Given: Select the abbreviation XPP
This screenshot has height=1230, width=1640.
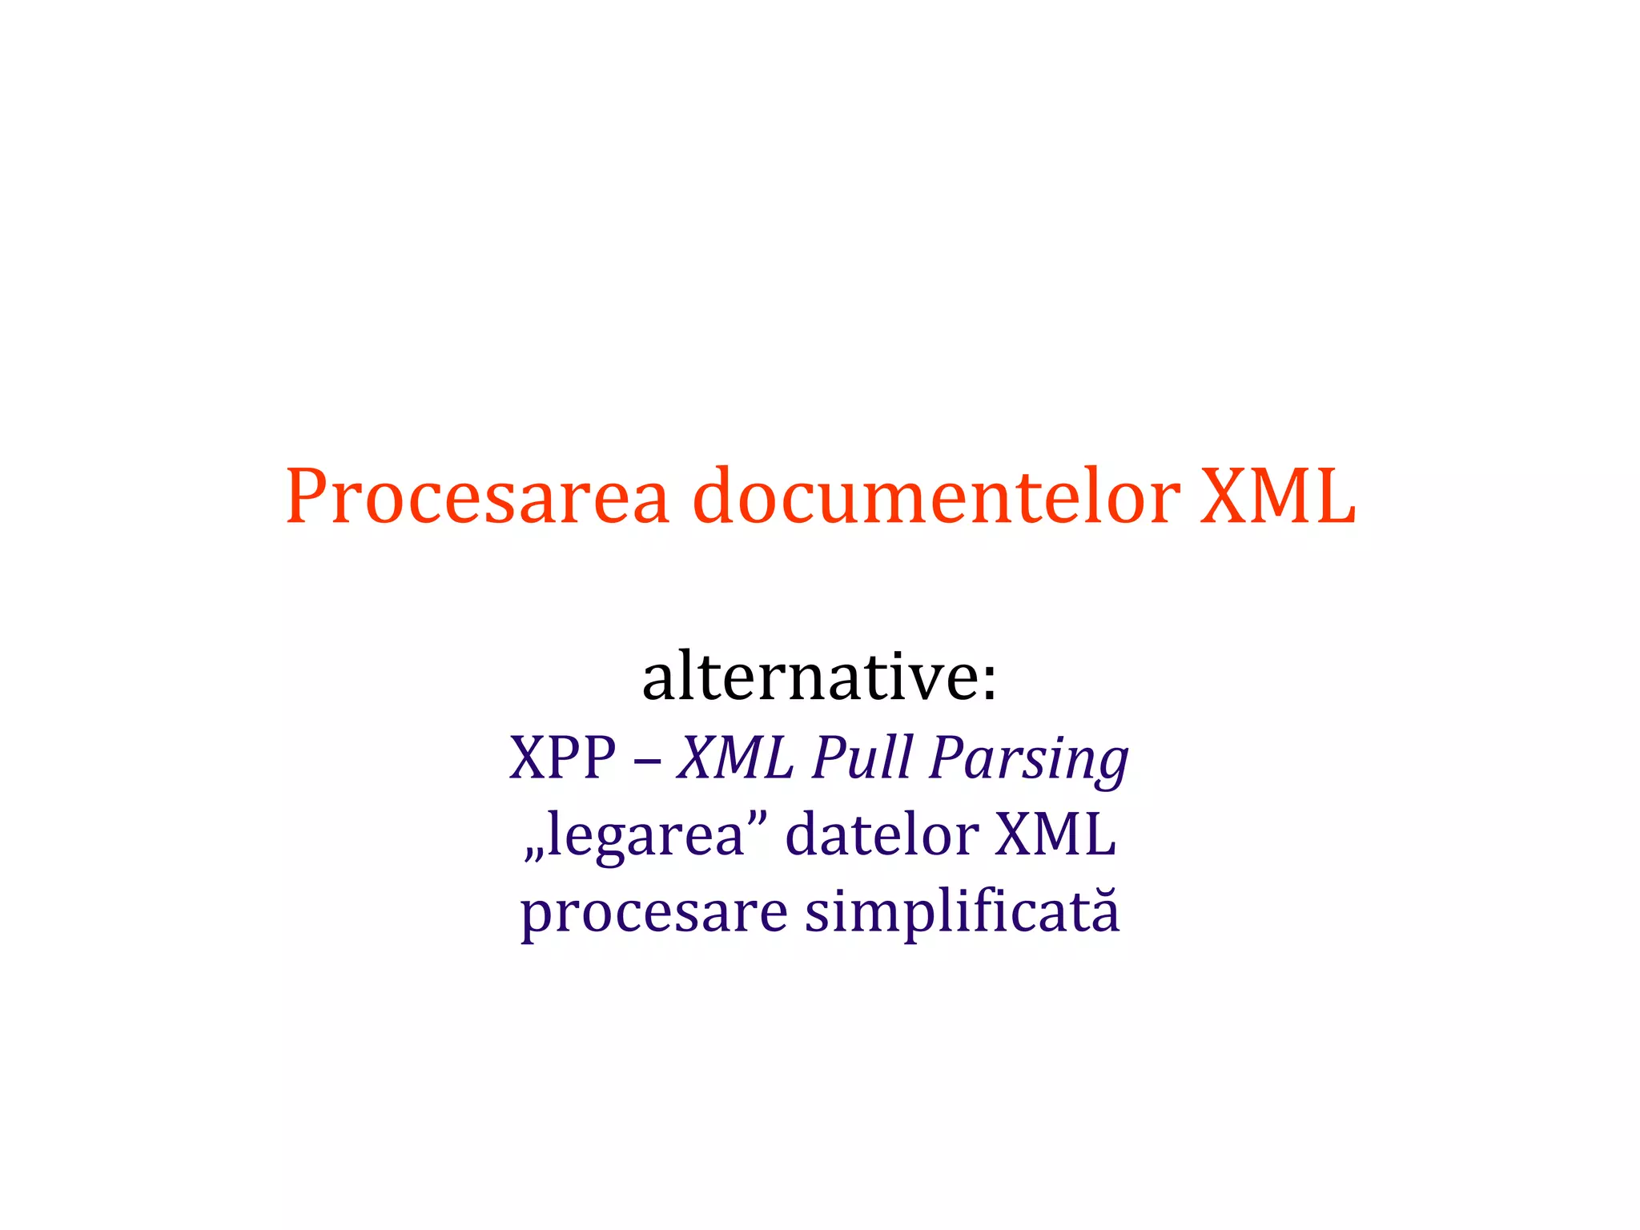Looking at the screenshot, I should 563,757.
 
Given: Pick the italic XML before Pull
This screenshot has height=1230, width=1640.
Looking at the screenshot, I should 735,757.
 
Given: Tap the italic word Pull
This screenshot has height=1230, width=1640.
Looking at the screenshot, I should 862,757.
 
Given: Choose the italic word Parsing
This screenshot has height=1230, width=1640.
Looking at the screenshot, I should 1029,759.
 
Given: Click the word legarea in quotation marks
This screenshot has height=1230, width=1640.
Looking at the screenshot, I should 646,835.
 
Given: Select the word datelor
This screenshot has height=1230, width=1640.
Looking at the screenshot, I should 882,834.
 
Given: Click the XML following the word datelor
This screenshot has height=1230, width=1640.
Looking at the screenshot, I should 1055,834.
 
